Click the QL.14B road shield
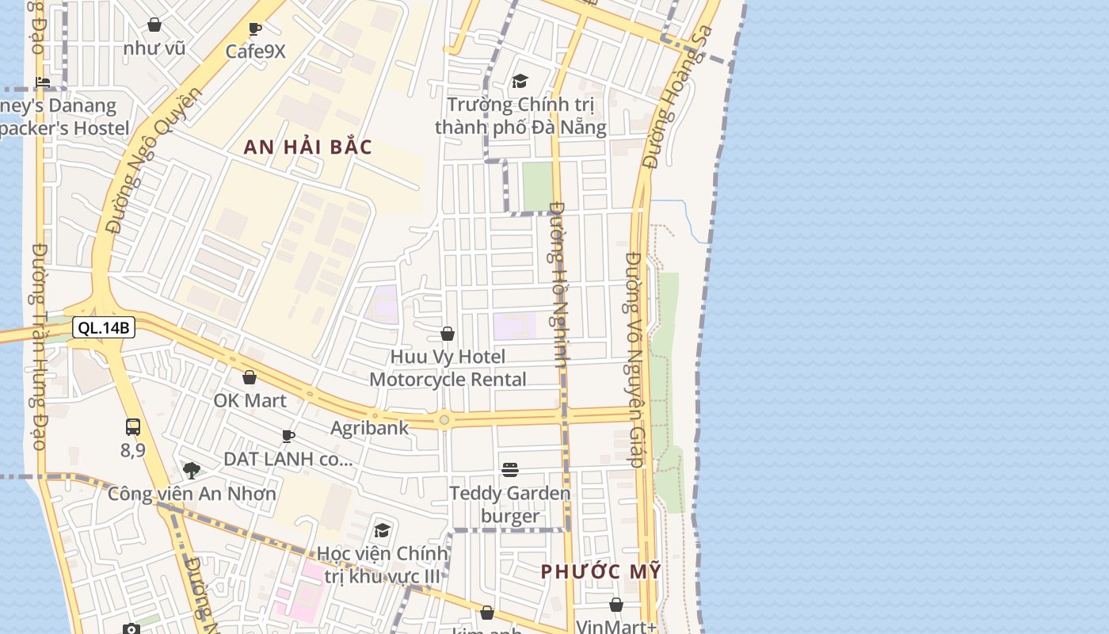[x=104, y=327]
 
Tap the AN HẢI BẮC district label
[x=308, y=147]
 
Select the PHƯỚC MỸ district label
[x=600, y=571]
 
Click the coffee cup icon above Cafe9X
[x=255, y=29]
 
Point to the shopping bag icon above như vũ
[x=154, y=25]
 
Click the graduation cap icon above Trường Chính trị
[x=520, y=81]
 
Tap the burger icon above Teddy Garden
[x=510, y=470]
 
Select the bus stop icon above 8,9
[x=133, y=427]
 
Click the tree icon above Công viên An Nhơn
[x=192, y=471]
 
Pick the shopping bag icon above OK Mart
[x=250, y=377]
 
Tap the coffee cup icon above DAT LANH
[x=288, y=436]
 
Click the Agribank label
[x=370, y=428]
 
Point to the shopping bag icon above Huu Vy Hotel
[x=448, y=334]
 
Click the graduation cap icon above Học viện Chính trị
[x=383, y=530]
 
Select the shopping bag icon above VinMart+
[x=616, y=605]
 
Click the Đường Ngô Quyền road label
[x=153, y=161]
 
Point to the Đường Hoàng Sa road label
[x=679, y=97]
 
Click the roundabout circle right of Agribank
[x=444, y=419]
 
